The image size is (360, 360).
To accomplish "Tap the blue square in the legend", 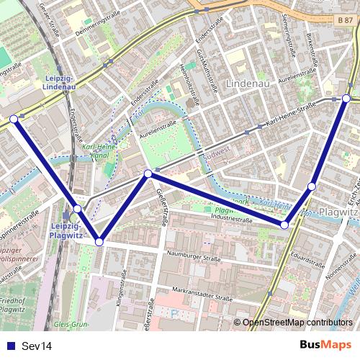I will [10, 346].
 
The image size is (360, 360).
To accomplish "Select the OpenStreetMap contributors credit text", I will [298, 323].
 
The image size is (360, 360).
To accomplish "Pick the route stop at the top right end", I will [346, 98].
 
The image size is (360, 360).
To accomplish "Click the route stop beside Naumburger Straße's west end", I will [99, 242].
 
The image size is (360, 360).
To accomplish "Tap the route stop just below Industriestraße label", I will [284, 225].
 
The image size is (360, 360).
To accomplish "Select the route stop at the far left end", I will [14, 119].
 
